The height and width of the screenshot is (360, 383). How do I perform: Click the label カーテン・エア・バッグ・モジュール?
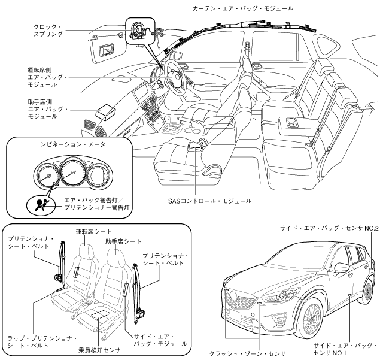(x=243, y=8)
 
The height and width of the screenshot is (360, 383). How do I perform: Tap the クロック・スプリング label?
(x=48, y=31)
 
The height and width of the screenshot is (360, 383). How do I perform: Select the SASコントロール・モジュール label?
(x=209, y=201)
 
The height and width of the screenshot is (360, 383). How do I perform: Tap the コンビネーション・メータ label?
(x=70, y=144)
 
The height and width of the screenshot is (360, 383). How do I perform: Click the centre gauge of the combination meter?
(x=72, y=173)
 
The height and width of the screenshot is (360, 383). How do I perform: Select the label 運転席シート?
(x=93, y=231)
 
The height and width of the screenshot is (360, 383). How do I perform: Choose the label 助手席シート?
(x=123, y=241)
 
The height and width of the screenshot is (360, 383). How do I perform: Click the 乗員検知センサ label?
(x=100, y=350)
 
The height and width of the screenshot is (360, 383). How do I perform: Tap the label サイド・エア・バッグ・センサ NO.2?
(x=329, y=228)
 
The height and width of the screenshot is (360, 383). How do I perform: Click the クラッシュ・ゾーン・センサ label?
(x=248, y=353)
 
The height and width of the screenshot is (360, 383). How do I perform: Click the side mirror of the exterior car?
(x=342, y=267)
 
